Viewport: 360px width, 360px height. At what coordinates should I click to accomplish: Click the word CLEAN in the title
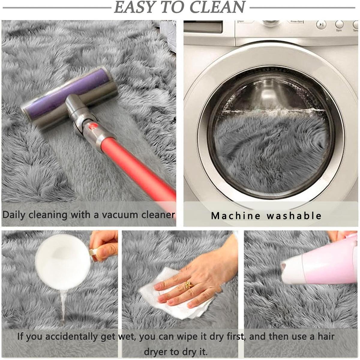(217, 7)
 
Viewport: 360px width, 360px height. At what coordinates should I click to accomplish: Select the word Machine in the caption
(235, 216)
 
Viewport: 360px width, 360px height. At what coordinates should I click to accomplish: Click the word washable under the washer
(294, 216)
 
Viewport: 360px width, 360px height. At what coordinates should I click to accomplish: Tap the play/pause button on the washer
(321, 25)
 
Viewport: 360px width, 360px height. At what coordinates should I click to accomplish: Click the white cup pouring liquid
(63, 262)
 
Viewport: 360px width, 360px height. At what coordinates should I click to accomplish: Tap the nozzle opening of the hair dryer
(283, 268)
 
